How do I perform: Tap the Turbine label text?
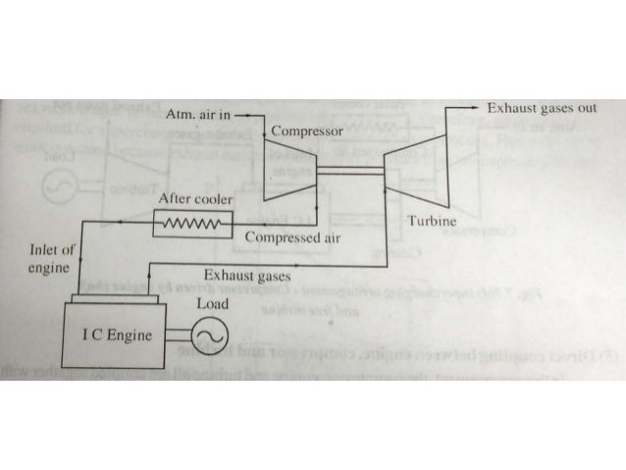point(432,223)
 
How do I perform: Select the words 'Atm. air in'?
point(200,115)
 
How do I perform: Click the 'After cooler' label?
point(196,199)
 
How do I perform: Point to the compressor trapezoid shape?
point(290,168)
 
